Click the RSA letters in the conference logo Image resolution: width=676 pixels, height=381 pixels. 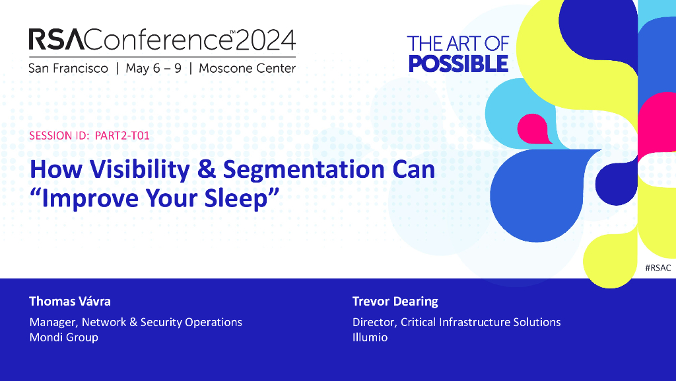pyautogui.click(x=56, y=39)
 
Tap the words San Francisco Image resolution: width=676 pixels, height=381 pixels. pyautogui.click(x=68, y=68)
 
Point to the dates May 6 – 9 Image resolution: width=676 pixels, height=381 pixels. pyautogui.click(x=153, y=68)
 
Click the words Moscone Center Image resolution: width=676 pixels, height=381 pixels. pyautogui.click(x=247, y=68)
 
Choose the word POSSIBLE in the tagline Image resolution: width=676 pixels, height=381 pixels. pyautogui.click(x=458, y=64)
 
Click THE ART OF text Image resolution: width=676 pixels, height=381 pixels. pyautogui.click(x=458, y=44)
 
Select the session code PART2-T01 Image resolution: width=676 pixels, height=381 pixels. pyautogui.click(x=122, y=136)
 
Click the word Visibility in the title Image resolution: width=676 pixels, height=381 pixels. pyautogui.click(x=140, y=169)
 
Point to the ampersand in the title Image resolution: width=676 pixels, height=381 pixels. pyautogui.click(x=207, y=169)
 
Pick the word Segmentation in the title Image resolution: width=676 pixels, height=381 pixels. pyautogui.click(x=304, y=169)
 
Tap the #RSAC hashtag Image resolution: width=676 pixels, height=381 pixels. pyautogui.click(x=658, y=268)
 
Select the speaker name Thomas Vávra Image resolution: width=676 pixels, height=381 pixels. pyautogui.click(x=70, y=301)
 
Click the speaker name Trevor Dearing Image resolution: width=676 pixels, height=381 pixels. pyautogui.click(x=395, y=301)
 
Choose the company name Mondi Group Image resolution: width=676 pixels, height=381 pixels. pyautogui.click(x=64, y=337)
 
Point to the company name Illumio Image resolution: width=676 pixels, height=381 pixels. pyautogui.click(x=370, y=337)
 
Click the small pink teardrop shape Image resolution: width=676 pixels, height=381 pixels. pyautogui.click(x=533, y=129)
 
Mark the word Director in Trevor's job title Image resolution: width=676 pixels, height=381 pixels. pyautogui.click(x=374, y=322)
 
